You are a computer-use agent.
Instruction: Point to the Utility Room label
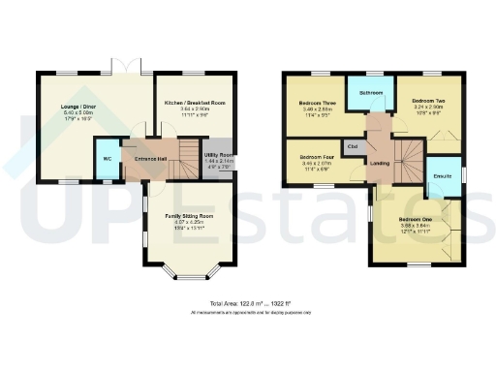pos(218,155)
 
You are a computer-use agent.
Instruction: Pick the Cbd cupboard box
pos(352,147)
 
